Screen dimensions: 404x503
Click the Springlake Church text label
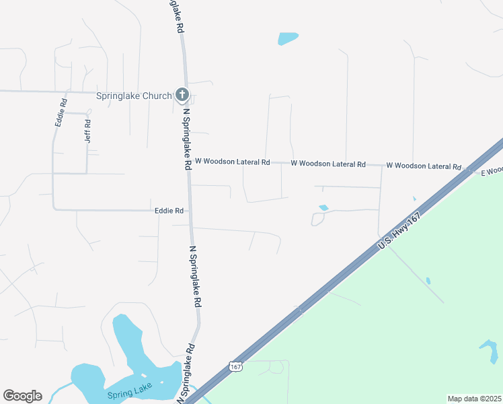coord(134,96)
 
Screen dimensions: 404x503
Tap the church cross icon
coord(182,95)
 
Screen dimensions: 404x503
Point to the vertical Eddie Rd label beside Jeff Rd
coord(61,113)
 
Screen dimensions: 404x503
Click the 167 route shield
coord(234,366)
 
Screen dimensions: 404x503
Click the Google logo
coord(22,396)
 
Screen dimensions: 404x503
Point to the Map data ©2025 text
coord(474,399)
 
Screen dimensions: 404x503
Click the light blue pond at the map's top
coord(288,38)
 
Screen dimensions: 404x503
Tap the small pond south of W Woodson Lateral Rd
coord(323,207)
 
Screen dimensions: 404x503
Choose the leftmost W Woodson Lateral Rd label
coord(232,162)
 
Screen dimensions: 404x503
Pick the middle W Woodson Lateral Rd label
coord(328,164)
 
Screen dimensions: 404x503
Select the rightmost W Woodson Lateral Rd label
coord(424,166)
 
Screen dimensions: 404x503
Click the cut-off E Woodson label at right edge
coord(492,172)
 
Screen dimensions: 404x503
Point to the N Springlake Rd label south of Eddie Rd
coord(195,277)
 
